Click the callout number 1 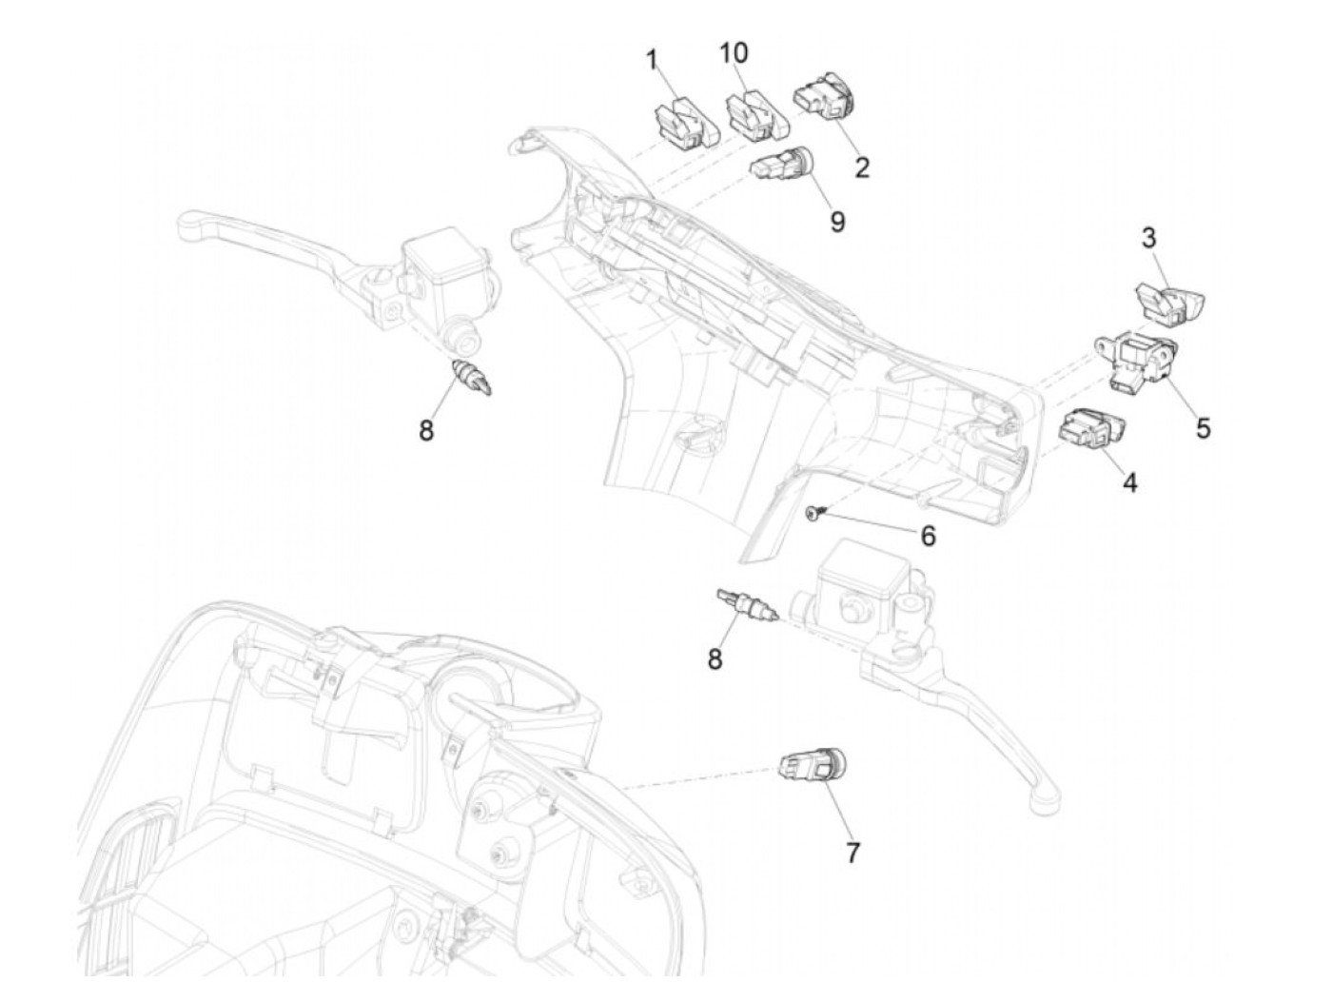coord(652,61)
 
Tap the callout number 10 coord(734,53)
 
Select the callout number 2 coord(862,168)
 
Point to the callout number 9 coord(836,222)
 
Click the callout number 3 coord(1148,239)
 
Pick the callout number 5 coord(1203,429)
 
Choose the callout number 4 coord(1129,483)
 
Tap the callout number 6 coord(928,537)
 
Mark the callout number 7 coord(852,854)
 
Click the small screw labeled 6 coord(812,514)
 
